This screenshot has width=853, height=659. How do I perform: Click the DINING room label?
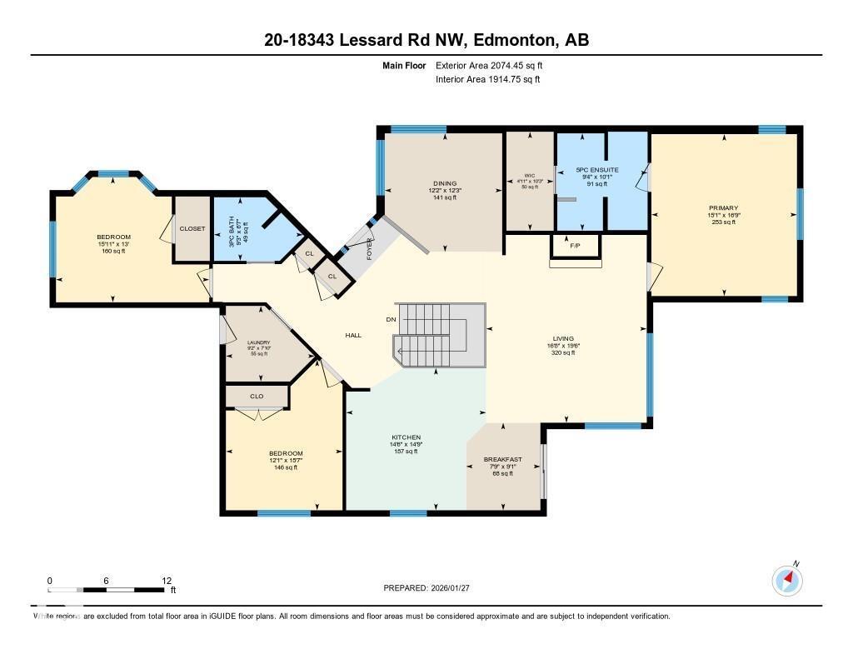point(445,183)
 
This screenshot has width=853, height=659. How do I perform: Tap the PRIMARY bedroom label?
point(723,208)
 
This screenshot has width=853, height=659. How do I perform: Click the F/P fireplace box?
point(575,247)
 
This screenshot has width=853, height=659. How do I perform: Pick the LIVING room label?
point(562,338)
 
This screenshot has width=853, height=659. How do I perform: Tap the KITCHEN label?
point(407,437)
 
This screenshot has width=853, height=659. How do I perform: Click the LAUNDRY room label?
point(258,342)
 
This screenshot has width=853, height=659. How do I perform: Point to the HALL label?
point(353,335)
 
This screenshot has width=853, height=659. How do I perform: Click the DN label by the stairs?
point(391,319)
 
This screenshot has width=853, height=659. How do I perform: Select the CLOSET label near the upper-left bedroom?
point(192,228)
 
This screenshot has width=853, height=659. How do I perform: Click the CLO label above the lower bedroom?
point(257,397)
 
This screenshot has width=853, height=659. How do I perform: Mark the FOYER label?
point(369,248)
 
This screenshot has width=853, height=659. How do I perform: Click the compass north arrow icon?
point(787,579)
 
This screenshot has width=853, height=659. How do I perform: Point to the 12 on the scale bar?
point(167,580)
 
